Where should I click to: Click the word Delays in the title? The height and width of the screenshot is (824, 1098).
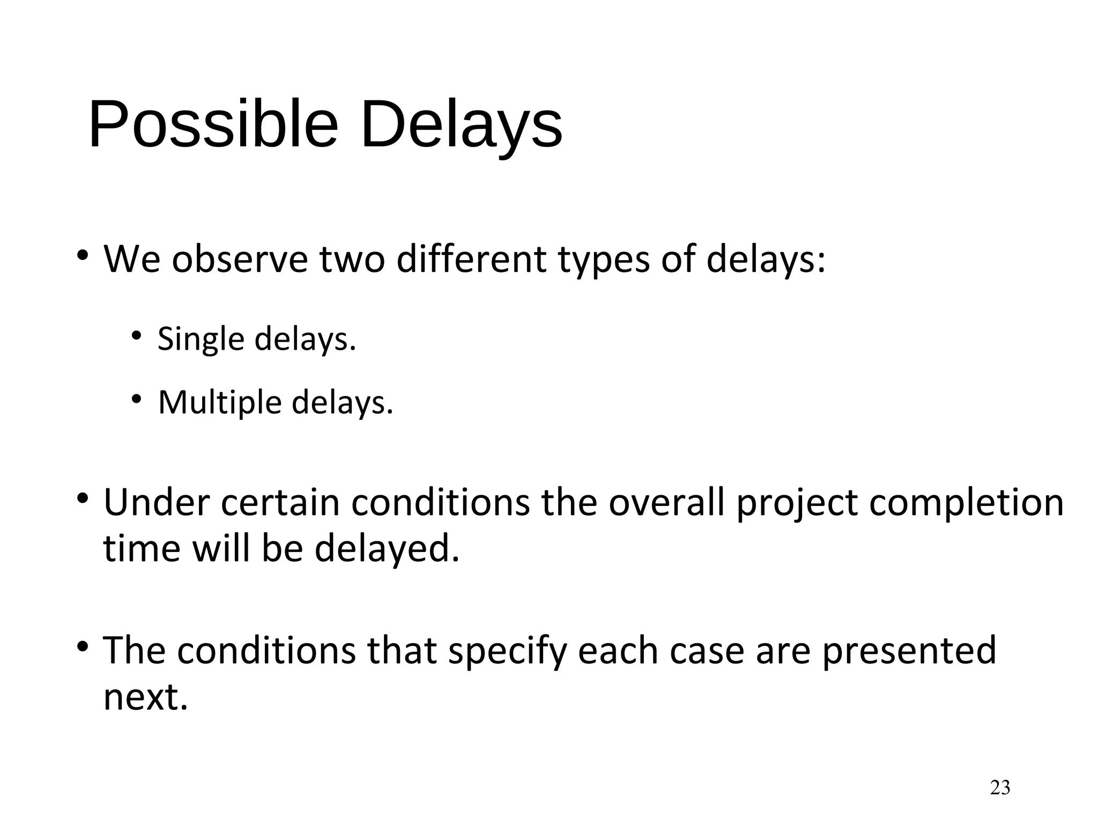tap(461, 124)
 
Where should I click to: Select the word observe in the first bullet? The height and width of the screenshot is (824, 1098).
tap(240, 259)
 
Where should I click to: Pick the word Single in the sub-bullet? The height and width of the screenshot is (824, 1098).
tap(201, 340)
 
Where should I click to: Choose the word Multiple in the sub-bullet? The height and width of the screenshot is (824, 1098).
tap(220, 403)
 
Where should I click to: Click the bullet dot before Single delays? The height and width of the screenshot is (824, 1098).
tap(136, 336)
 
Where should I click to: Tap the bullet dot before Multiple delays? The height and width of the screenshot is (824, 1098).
tap(136, 399)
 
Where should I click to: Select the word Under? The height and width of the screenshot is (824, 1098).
tap(156, 503)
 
